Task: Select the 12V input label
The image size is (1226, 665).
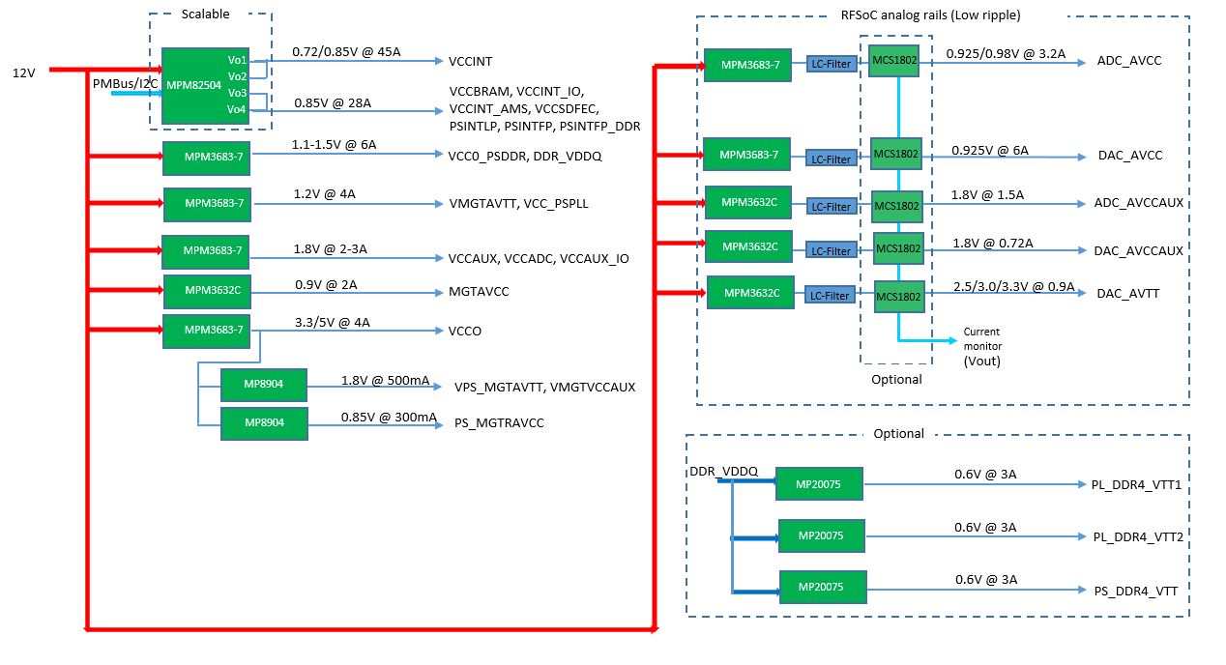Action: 23,73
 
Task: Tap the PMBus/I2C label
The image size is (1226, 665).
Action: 125,84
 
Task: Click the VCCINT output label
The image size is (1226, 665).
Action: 470,61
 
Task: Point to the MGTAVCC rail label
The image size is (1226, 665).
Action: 479,291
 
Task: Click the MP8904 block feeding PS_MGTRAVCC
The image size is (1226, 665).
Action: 264,423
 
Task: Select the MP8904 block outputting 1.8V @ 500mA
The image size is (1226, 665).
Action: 264,385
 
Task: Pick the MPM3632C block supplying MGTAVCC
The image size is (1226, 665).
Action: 208,290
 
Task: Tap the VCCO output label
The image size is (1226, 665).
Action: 465,331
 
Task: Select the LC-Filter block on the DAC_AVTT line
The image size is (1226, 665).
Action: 830,296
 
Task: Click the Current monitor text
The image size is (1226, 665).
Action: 981,338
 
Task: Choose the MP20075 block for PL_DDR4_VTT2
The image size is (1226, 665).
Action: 821,535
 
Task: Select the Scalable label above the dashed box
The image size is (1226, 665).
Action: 205,14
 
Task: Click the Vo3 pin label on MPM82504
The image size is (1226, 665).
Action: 237,93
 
